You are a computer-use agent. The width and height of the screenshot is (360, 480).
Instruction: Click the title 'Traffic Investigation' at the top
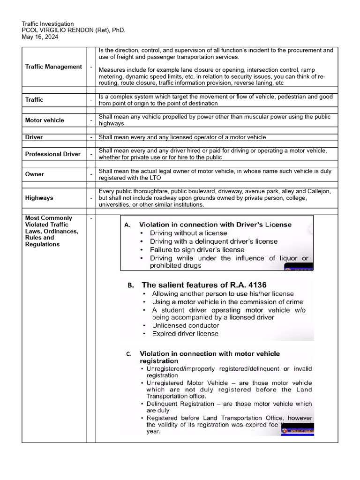click(48, 24)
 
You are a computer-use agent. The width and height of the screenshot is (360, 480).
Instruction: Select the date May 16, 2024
click(40, 37)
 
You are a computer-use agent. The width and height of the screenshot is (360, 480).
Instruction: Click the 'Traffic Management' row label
click(53, 67)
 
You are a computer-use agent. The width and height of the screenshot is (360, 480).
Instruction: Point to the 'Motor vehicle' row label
click(45, 120)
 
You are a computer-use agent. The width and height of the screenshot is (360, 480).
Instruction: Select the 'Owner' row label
click(35, 174)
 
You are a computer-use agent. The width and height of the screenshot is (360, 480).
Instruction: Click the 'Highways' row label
click(39, 198)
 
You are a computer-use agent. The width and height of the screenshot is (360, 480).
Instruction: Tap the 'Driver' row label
click(34, 137)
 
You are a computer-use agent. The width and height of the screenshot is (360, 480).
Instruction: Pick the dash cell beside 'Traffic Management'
click(91, 67)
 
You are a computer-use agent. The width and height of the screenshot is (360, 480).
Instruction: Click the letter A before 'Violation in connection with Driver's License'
click(127, 225)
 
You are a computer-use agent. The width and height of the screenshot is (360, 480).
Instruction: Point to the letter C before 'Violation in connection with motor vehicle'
click(129, 354)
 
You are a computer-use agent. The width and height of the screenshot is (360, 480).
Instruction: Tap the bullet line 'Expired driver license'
click(185, 334)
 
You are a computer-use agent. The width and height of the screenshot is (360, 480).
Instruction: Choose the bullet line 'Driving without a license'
click(188, 233)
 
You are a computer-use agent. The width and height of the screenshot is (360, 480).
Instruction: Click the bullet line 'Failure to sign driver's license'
click(197, 250)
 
